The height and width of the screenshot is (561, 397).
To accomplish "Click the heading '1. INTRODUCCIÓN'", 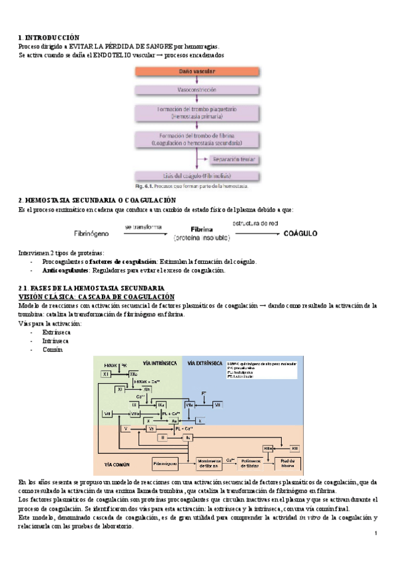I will (49, 38).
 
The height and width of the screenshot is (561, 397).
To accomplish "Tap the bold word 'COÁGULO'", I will (301, 234).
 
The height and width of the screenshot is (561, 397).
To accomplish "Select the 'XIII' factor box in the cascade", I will (295, 448).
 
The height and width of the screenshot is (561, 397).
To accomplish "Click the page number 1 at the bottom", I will (375, 534).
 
